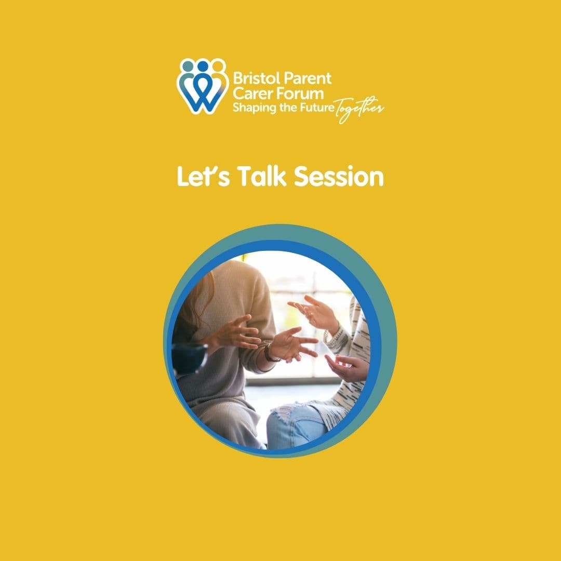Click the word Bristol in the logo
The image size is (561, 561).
pos(251,79)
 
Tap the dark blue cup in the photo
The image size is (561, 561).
pos(188,358)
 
